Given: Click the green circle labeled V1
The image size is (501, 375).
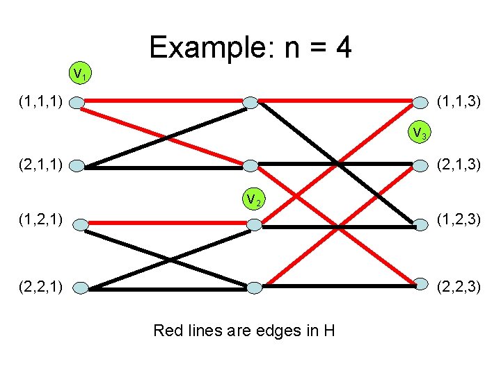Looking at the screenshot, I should coord(80,72).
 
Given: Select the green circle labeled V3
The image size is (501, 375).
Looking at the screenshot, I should coord(418,131).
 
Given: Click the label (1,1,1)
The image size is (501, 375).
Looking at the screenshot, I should coord(41,103).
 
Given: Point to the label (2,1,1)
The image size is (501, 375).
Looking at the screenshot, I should coord(41,165).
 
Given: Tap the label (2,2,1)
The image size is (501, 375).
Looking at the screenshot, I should coord(41,285).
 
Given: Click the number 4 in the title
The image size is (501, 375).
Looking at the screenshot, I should coord(342,47).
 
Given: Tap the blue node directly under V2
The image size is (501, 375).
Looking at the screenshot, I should coord(255,224).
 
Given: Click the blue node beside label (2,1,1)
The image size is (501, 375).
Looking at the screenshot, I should coord(78,167).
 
